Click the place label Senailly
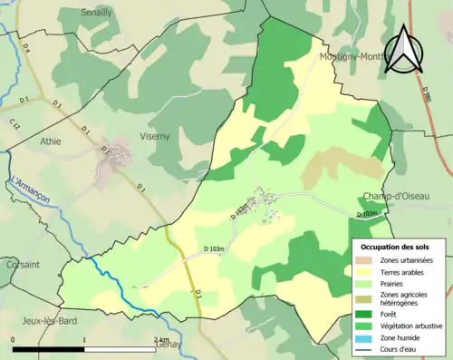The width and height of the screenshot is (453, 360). click(x=97, y=13)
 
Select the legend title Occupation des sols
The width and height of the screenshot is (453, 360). click(x=397, y=247)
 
